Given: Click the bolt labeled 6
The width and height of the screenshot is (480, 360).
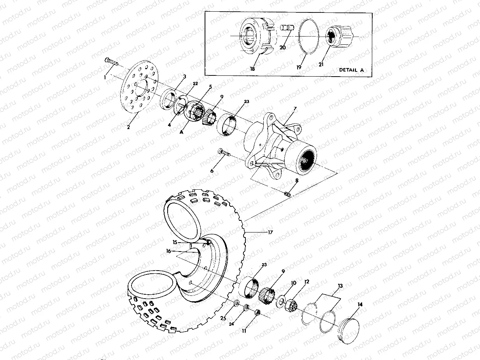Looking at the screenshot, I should pos(224,152).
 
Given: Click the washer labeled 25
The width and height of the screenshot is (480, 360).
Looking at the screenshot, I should pos(236,302).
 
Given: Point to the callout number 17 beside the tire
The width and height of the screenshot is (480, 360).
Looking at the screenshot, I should pos(270,232).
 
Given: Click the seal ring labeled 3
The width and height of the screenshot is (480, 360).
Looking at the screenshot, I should pos(168,98).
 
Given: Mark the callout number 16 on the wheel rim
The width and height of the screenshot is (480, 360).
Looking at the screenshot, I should pos(168,251).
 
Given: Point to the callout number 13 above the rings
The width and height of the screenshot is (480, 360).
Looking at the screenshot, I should pos(340,286).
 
